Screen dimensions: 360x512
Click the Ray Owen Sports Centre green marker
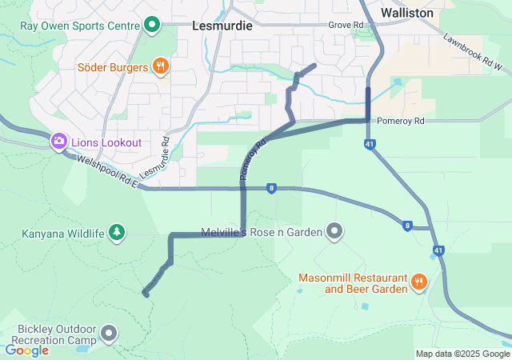click(x=153, y=25)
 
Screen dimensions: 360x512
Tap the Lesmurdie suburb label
click(x=222, y=26)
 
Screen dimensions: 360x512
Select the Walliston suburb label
click(x=407, y=13)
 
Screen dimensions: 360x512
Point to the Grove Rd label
click(x=346, y=26)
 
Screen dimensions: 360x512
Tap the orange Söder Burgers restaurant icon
click(x=161, y=66)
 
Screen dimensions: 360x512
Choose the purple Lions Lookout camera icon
click(x=58, y=142)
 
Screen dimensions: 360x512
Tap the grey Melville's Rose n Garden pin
click(x=335, y=233)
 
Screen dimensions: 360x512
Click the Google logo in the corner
click(x=27, y=350)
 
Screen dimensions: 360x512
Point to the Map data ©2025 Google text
click(x=462, y=354)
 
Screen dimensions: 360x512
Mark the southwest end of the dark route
click(x=146, y=294)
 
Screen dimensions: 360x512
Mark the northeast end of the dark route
click(x=314, y=65)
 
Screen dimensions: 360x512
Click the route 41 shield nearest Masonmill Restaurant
click(x=438, y=250)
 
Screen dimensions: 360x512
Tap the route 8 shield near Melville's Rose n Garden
click(x=273, y=189)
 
